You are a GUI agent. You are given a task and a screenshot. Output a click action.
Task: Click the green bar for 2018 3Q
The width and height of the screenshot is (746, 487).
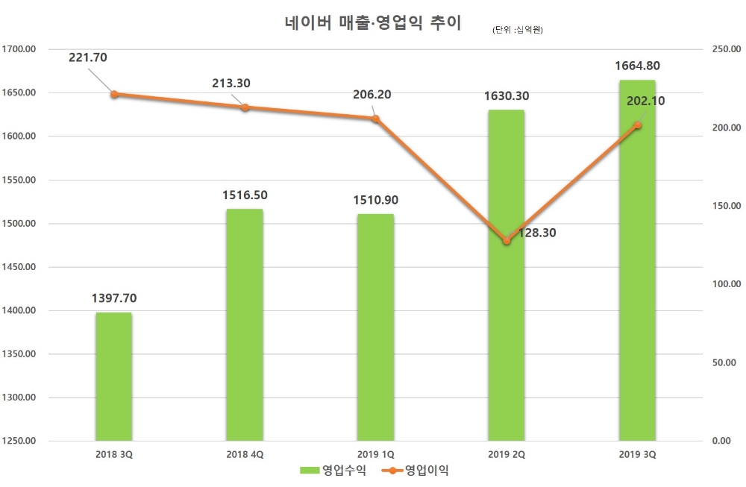point(114,377)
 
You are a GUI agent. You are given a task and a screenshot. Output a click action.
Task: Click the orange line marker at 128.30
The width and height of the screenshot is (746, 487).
point(507,241)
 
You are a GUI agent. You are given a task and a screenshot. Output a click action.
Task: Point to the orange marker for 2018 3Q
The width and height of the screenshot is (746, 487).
point(114,95)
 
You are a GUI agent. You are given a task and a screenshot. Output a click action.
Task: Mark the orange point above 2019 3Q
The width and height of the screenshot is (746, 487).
point(637,125)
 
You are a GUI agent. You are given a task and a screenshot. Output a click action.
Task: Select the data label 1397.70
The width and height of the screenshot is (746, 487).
point(114,298)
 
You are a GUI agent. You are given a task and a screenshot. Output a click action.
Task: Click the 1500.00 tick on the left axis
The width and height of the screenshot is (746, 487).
point(20,224)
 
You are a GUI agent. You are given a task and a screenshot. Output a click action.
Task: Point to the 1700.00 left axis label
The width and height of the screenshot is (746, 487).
point(20,49)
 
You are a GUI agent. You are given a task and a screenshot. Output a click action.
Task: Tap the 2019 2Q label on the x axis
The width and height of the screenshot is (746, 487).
point(506,453)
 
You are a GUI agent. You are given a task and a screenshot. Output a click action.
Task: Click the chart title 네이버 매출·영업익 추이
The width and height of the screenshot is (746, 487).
point(373,22)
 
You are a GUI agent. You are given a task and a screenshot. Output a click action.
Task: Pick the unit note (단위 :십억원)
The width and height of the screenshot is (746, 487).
point(517,31)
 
